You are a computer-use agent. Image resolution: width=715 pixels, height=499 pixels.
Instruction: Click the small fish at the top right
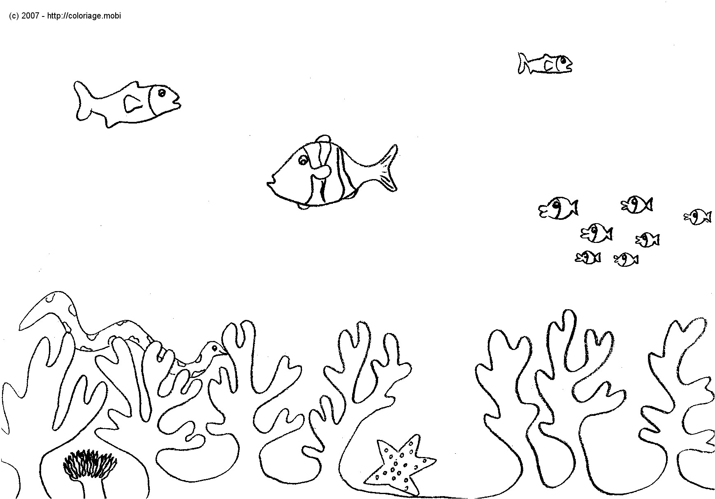pos(545,64)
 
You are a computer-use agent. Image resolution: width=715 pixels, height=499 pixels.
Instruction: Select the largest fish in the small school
pos(557,208)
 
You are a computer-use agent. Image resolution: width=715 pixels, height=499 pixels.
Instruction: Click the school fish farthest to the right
pos(698,217)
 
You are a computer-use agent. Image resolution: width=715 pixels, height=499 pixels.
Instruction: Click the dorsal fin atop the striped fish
pos(323,138)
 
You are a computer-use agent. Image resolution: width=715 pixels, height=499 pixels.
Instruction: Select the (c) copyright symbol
pos(14,16)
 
